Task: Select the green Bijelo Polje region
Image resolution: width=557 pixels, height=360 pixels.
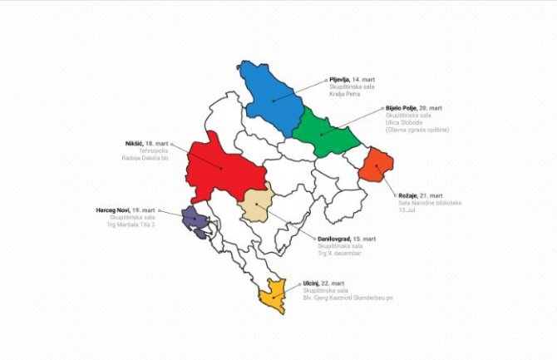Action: tap(324, 133)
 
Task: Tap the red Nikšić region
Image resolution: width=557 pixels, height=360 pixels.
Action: tap(223, 166)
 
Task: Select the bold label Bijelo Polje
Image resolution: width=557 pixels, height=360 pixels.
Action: tap(402, 108)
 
